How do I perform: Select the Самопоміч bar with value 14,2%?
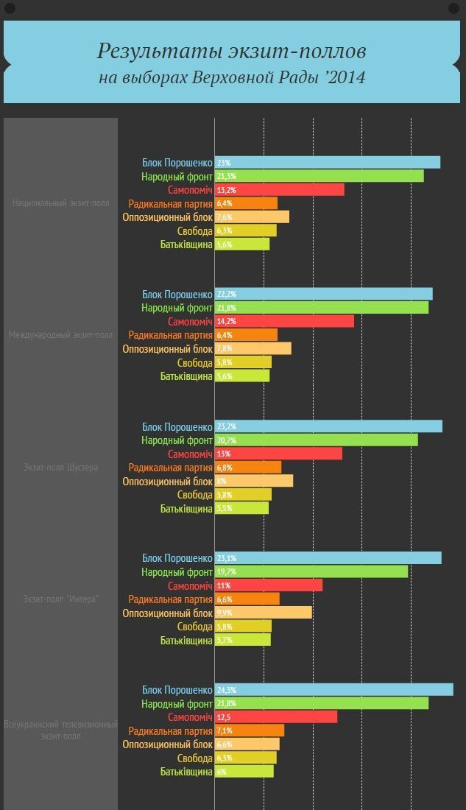tap(284, 321)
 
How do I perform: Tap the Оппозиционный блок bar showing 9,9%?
tap(264, 613)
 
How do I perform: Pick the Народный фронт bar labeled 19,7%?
tap(311, 571)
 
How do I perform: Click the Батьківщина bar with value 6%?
tap(244, 771)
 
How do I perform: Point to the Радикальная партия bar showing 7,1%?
tap(250, 730)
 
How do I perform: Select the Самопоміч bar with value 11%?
tap(269, 585)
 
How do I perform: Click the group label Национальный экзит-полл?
tap(60, 202)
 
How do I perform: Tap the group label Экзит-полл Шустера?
tap(60, 467)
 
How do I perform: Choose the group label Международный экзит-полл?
tap(60, 334)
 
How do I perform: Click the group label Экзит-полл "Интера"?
tap(60, 599)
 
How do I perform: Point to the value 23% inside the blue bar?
tap(224, 163)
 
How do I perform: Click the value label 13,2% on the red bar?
tap(225, 190)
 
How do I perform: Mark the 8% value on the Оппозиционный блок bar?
tap(222, 481)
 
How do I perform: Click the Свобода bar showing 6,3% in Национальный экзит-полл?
tap(246, 230)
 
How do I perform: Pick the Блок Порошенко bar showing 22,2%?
tap(324, 294)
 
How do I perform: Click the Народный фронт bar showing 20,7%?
tap(317, 440)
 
